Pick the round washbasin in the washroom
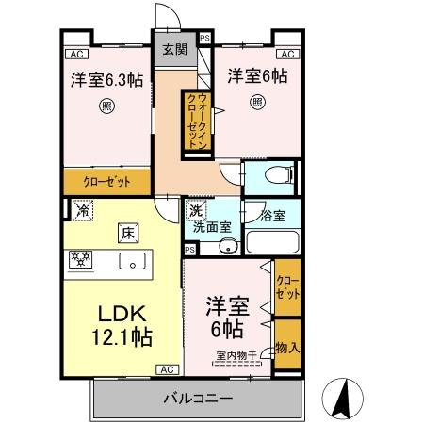226,247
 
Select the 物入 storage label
286,348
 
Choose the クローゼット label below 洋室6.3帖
106,181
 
